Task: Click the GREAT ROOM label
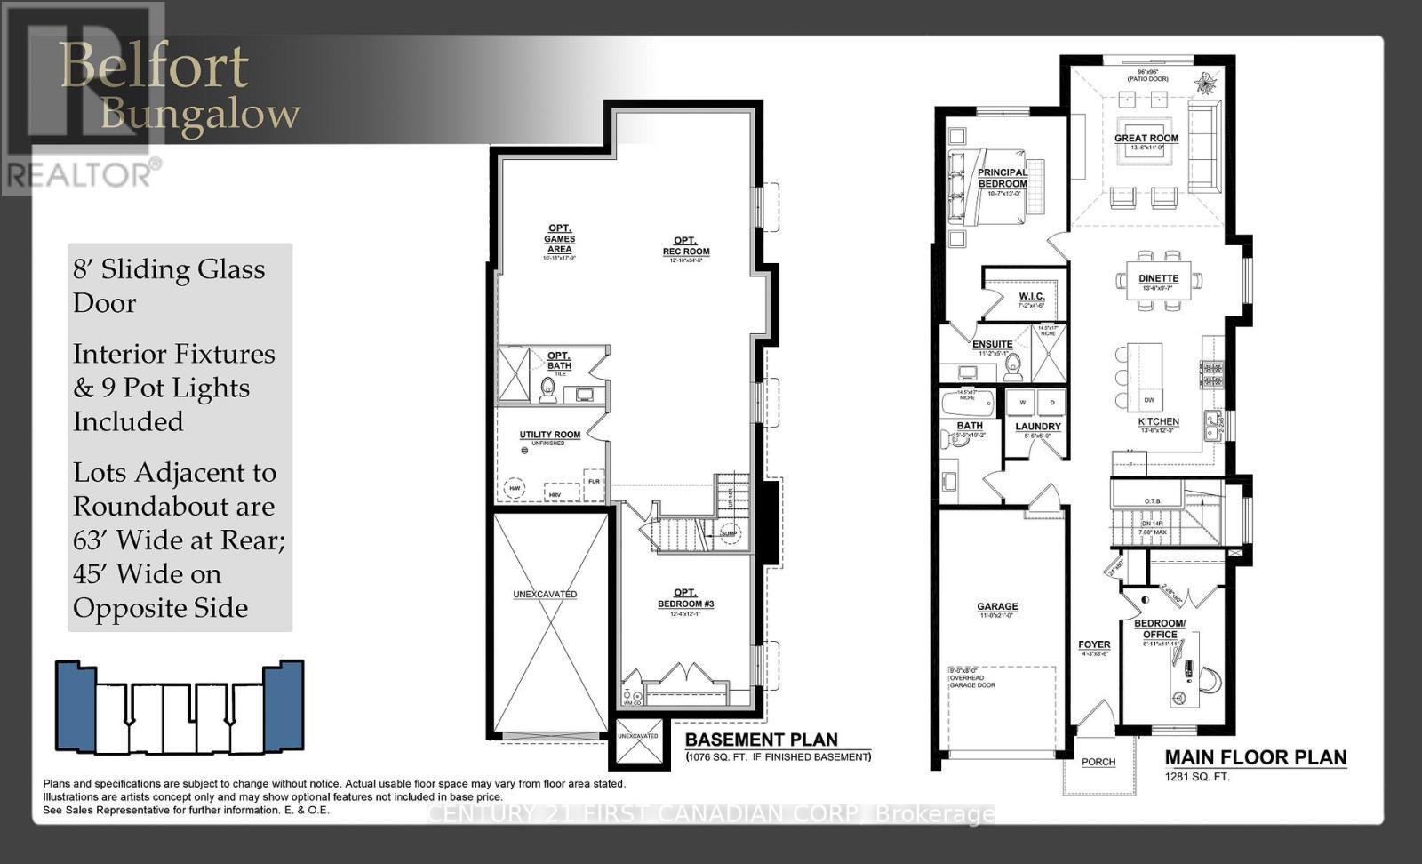(x=1146, y=138)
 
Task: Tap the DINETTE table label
(x=1159, y=278)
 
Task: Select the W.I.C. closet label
(x=1031, y=296)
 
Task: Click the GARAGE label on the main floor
(x=997, y=606)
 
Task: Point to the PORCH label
(x=1098, y=762)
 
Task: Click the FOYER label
(x=1094, y=644)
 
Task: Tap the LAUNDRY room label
(x=1038, y=426)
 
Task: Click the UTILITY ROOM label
(x=550, y=435)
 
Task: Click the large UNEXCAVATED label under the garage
(x=545, y=594)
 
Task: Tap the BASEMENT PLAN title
(x=761, y=740)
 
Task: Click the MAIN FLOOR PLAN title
(x=1255, y=757)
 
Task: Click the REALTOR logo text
(x=80, y=174)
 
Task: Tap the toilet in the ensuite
(x=1013, y=368)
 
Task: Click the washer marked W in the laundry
(x=1021, y=402)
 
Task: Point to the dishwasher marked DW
(x=1148, y=400)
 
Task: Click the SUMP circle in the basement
(x=730, y=533)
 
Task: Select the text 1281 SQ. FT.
(x=1197, y=776)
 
